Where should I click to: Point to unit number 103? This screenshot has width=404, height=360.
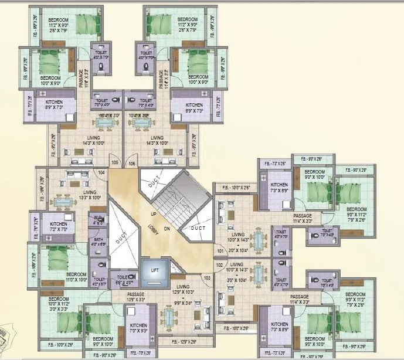pos(206,277)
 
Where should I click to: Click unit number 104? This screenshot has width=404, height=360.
pos(101,172)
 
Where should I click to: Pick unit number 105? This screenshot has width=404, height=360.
pos(115,162)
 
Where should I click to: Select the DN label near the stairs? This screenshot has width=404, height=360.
pos(167,229)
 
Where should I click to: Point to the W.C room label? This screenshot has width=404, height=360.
pos(98,220)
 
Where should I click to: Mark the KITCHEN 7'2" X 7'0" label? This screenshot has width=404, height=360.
pos(59,227)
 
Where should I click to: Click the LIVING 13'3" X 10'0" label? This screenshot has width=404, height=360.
pos(90,195)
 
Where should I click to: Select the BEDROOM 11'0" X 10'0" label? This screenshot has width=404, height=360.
pos(76,277)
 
